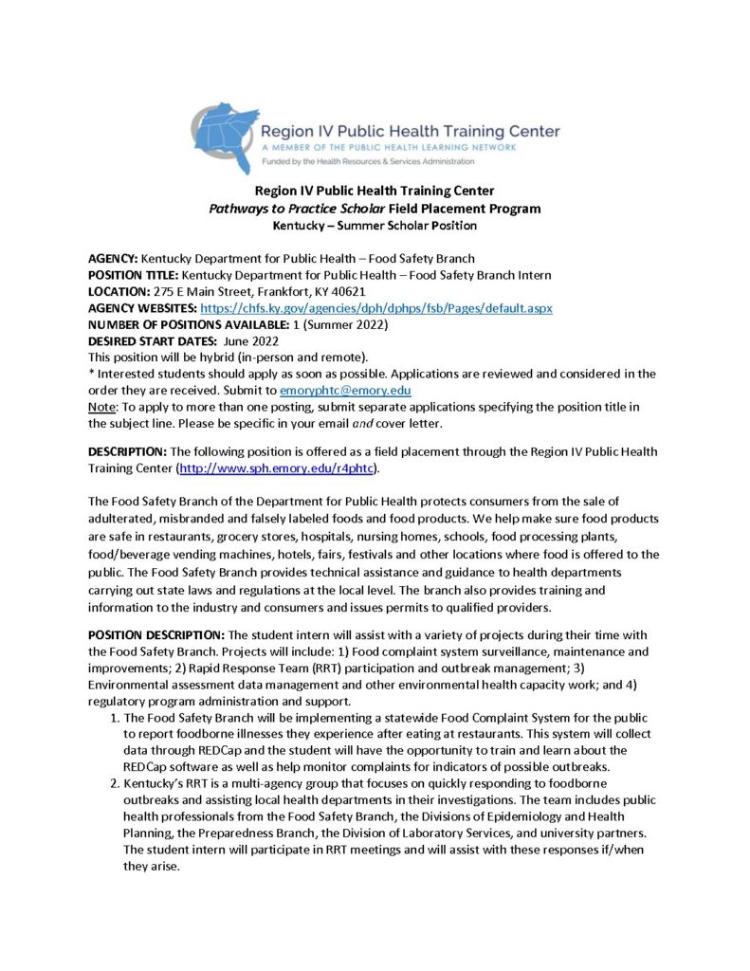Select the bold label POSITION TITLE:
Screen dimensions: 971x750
(x=133, y=275)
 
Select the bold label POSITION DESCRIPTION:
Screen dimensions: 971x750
(x=155, y=634)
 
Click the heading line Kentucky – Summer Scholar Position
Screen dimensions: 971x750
(x=375, y=226)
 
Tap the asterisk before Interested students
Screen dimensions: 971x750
(x=91, y=374)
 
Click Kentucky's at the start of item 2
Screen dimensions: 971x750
(x=155, y=784)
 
